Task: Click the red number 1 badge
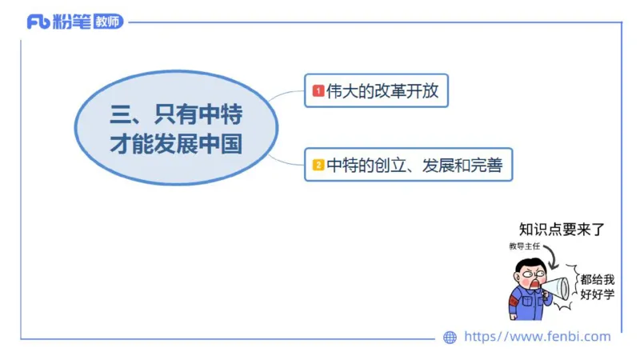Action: (318, 91)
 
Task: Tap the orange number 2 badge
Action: (318, 166)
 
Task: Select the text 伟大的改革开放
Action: (382, 91)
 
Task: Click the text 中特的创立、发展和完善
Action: (414, 166)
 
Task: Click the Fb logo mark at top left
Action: (38, 22)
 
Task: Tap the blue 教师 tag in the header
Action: (108, 22)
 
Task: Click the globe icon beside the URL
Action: (450, 337)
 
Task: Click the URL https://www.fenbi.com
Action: (537, 337)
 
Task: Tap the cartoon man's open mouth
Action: (534, 282)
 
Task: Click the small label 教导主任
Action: (524, 246)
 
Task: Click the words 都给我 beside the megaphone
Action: (598, 279)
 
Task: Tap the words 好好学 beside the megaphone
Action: (598, 294)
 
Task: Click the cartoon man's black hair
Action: (529, 264)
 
